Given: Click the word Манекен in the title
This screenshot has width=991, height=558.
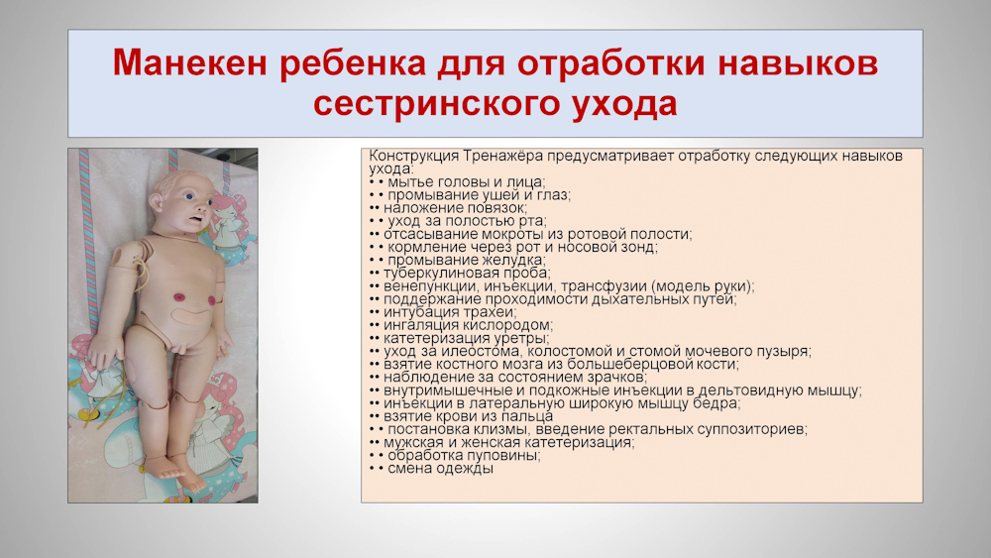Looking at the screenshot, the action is pos(190,63).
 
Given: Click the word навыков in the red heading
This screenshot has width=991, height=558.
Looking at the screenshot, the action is pos(798,63).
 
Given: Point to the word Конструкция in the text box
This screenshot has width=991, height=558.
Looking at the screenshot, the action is pos(413,156).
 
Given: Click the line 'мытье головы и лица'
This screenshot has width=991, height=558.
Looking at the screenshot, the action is pos(467,182).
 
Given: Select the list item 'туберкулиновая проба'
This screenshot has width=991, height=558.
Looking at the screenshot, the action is pos(467,273).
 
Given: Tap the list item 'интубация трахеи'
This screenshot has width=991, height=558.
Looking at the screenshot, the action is pos(450,311).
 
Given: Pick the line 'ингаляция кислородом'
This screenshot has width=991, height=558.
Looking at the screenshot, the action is pos(469,325).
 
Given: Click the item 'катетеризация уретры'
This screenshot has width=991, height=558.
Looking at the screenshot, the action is pos(467,338).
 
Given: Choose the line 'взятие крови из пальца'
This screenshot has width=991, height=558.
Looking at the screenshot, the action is pos(469,416).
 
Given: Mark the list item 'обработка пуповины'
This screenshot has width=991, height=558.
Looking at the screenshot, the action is pos(464,455).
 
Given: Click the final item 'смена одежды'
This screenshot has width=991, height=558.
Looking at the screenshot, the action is pos(441,468).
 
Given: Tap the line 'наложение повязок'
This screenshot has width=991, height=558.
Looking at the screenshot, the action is pos(455,208).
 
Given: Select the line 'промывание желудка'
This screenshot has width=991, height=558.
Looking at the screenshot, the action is pos(467,260).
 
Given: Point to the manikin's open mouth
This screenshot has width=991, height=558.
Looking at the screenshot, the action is pos(196,219).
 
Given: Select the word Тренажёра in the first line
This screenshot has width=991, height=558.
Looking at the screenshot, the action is pos(502,156).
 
